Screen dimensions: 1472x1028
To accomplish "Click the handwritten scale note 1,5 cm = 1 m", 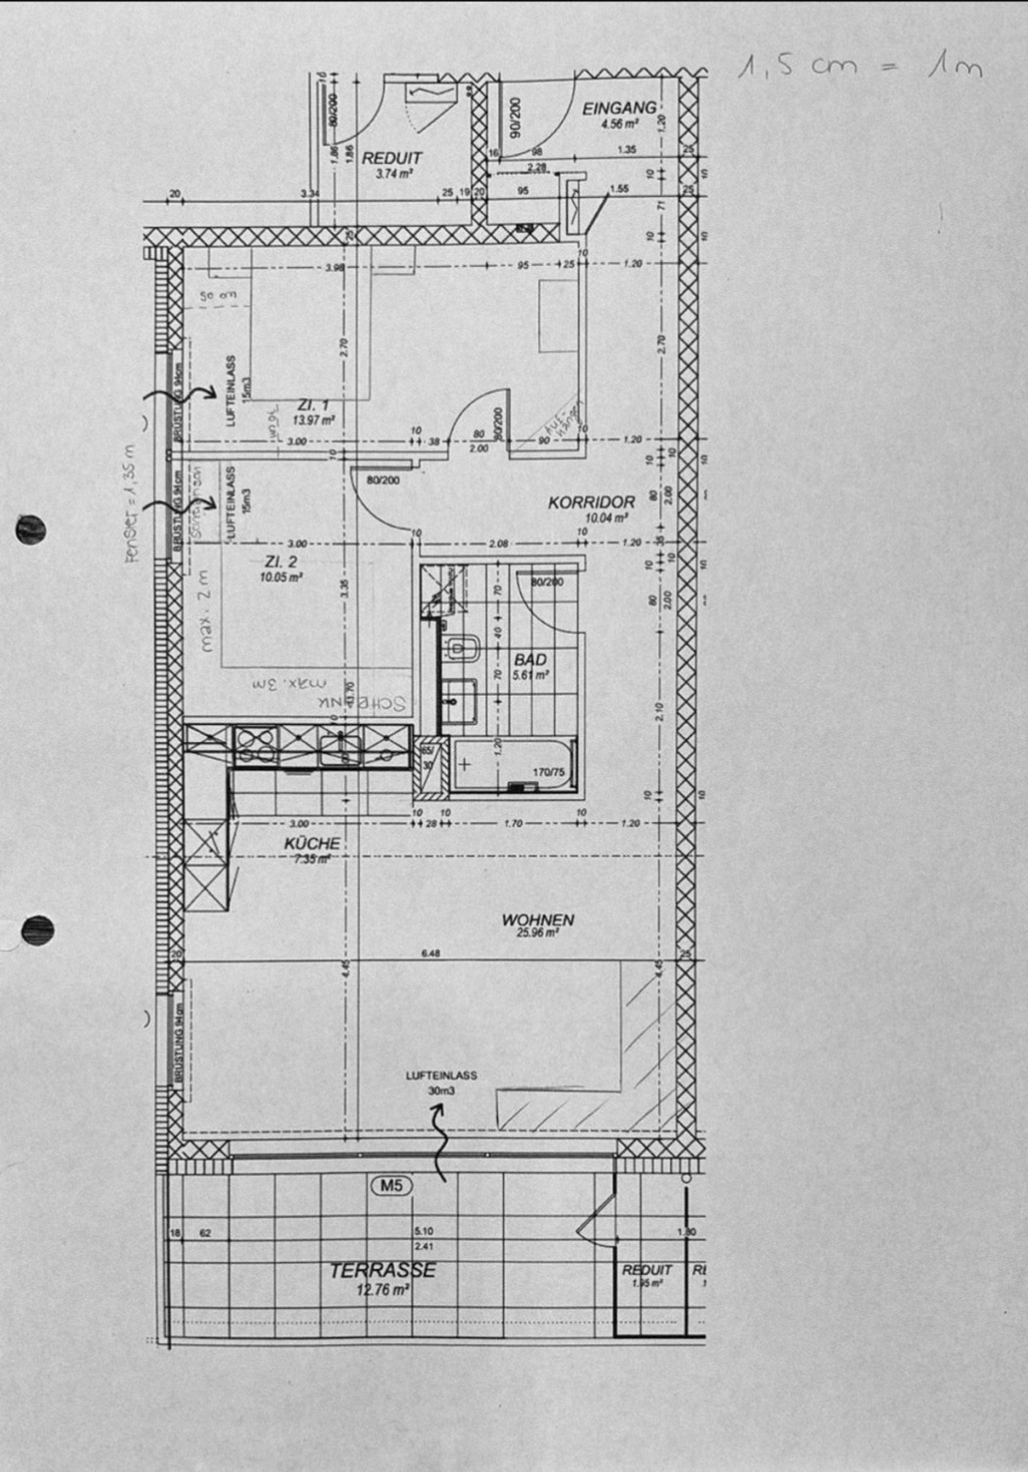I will coord(859,67).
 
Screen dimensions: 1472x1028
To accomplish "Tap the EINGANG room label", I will coord(619,109).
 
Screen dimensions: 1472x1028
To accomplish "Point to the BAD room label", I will coord(530,660).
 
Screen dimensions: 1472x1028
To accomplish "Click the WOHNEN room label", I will coord(538,920).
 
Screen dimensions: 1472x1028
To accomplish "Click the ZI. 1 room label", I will coord(314,405).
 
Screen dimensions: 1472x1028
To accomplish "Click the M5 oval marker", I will coord(392,1186).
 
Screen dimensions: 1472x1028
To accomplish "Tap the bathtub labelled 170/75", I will coord(513,767).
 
